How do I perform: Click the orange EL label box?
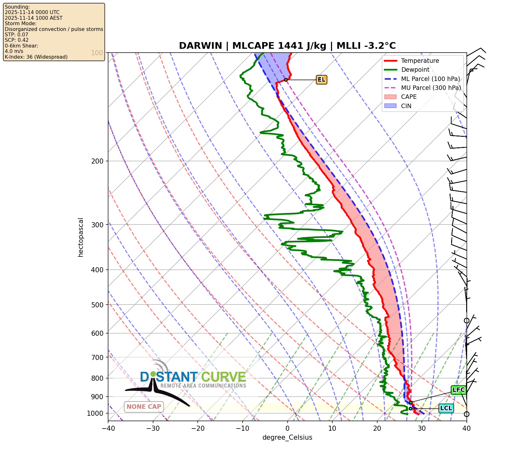pos(321,79)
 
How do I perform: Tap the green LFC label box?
pos(459,390)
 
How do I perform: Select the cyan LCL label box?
pos(446,408)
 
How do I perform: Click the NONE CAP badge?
pos(144,407)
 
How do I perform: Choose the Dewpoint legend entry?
pos(415,70)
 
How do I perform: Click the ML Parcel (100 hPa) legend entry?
pos(430,79)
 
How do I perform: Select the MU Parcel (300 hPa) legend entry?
pos(430,88)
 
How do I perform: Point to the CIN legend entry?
pos(406,106)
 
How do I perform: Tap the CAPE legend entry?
pos(409,97)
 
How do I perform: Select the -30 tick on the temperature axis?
pos(153,428)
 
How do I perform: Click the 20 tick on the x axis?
pos(377,428)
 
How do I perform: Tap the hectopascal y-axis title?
pos(81,237)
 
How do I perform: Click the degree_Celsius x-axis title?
pos(287,437)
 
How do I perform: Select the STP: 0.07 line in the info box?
pos(17,34)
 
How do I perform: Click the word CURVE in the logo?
pos(224,377)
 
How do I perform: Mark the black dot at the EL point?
pos(286,80)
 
